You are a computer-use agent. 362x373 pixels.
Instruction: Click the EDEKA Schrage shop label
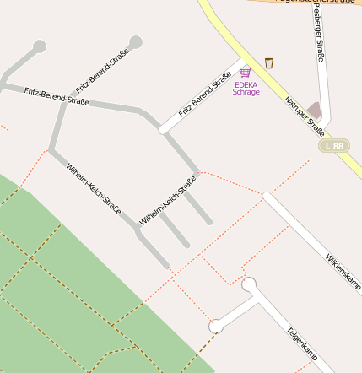tap(246, 88)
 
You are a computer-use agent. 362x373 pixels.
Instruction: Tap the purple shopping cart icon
tap(245, 73)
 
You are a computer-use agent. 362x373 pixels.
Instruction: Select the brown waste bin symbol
tap(269, 63)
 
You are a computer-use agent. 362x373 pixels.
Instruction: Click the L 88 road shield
tap(335, 146)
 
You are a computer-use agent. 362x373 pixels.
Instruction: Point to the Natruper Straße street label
tap(305, 116)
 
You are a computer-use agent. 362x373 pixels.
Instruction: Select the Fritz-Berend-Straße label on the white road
tap(205, 95)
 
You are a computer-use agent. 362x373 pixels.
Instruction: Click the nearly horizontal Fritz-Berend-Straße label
tap(57, 95)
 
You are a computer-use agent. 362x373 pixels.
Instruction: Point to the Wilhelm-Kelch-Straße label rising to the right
tap(168, 200)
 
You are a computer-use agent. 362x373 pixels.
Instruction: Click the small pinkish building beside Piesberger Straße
tap(315, 111)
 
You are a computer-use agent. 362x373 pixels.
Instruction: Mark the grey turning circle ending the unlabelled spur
tap(39, 46)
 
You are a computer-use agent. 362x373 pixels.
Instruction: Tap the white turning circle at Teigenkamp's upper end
tap(249, 285)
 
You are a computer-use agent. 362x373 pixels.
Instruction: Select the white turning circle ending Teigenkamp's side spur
tap(216, 326)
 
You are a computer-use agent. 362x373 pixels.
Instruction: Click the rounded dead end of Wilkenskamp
tap(267, 197)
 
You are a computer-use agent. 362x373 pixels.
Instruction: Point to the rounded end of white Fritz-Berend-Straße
tap(164, 129)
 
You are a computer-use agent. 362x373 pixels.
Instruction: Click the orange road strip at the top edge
tap(304, 3)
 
